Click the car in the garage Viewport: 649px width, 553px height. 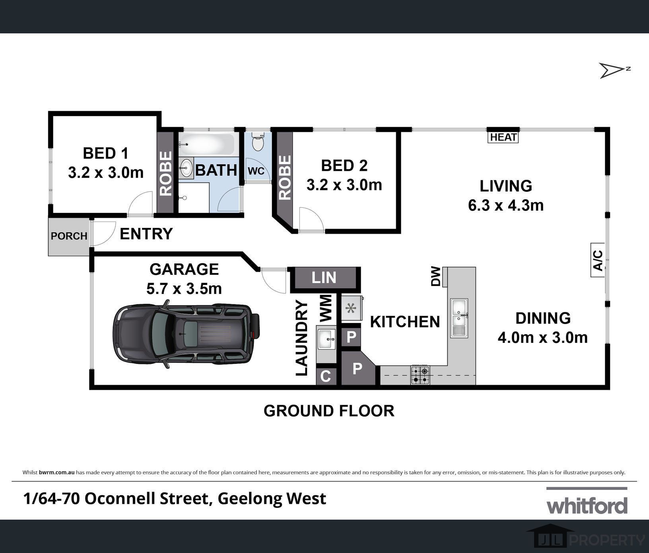pyautogui.click(x=186, y=334)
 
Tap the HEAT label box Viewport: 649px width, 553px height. pyautogui.click(x=503, y=137)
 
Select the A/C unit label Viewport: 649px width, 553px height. pyautogui.click(x=598, y=260)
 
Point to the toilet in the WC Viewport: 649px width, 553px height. pyautogui.click(x=258, y=141)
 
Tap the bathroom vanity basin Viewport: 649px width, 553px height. pyautogui.click(x=186, y=168)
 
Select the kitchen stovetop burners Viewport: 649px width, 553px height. pyautogui.click(x=420, y=375)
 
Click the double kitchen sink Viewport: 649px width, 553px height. pyautogui.click(x=459, y=318)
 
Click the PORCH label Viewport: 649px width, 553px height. pyautogui.click(x=69, y=236)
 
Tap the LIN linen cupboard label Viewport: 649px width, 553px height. pyautogui.click(x=324, y=278)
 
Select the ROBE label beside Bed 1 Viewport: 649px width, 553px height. pyautogui.click(x=165, y=173)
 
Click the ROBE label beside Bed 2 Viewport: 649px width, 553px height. pyautogui.click(x=285, y=177)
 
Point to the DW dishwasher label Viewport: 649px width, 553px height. pyautogui.click(x=436, y=276)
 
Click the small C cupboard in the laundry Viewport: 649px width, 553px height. pyautogui.click(x=326, y=376)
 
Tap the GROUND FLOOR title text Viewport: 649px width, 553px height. pyautogui.click(x=329, y=411)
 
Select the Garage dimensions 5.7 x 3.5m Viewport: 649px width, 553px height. pyautogui.click(x=184, y=289)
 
